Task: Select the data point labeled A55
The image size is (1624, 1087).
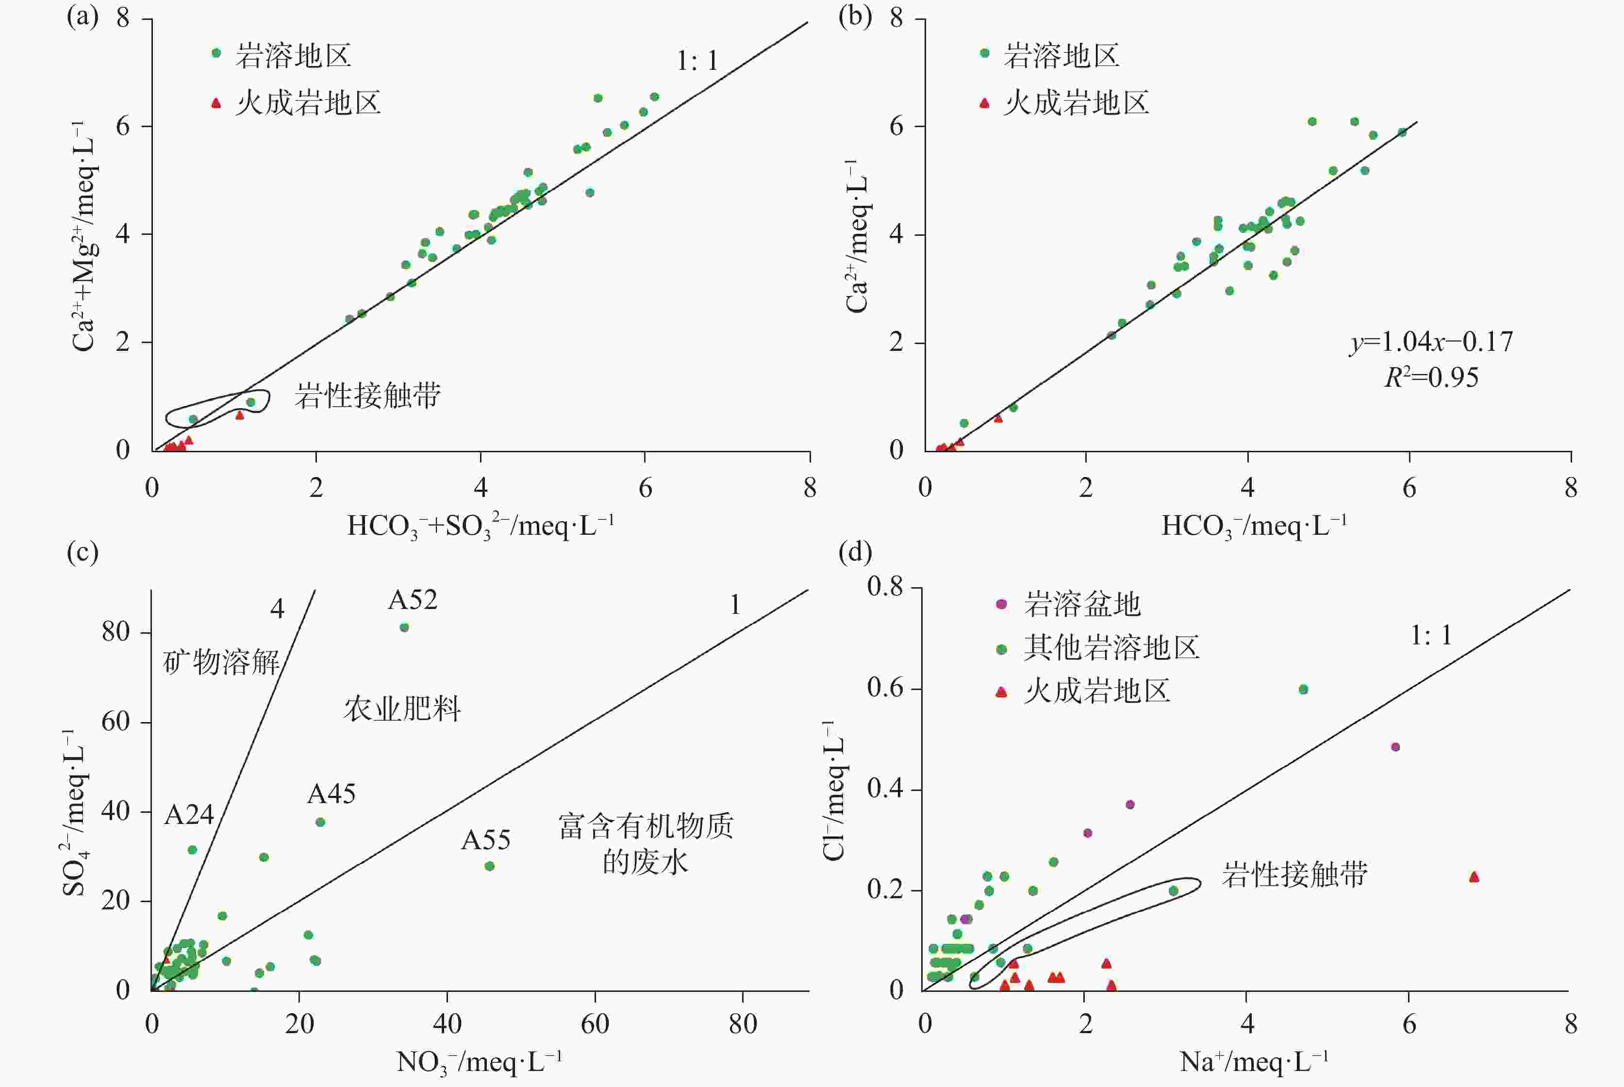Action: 489,866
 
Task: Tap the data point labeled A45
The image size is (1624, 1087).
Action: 320,822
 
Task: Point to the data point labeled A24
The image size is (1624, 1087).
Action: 192,850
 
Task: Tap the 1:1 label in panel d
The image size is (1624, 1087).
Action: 1430,635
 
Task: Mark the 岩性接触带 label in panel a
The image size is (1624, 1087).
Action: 367,396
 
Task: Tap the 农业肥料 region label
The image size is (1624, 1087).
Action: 402,709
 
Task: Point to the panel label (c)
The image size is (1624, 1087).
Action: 83,553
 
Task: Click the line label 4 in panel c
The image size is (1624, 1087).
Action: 277,609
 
